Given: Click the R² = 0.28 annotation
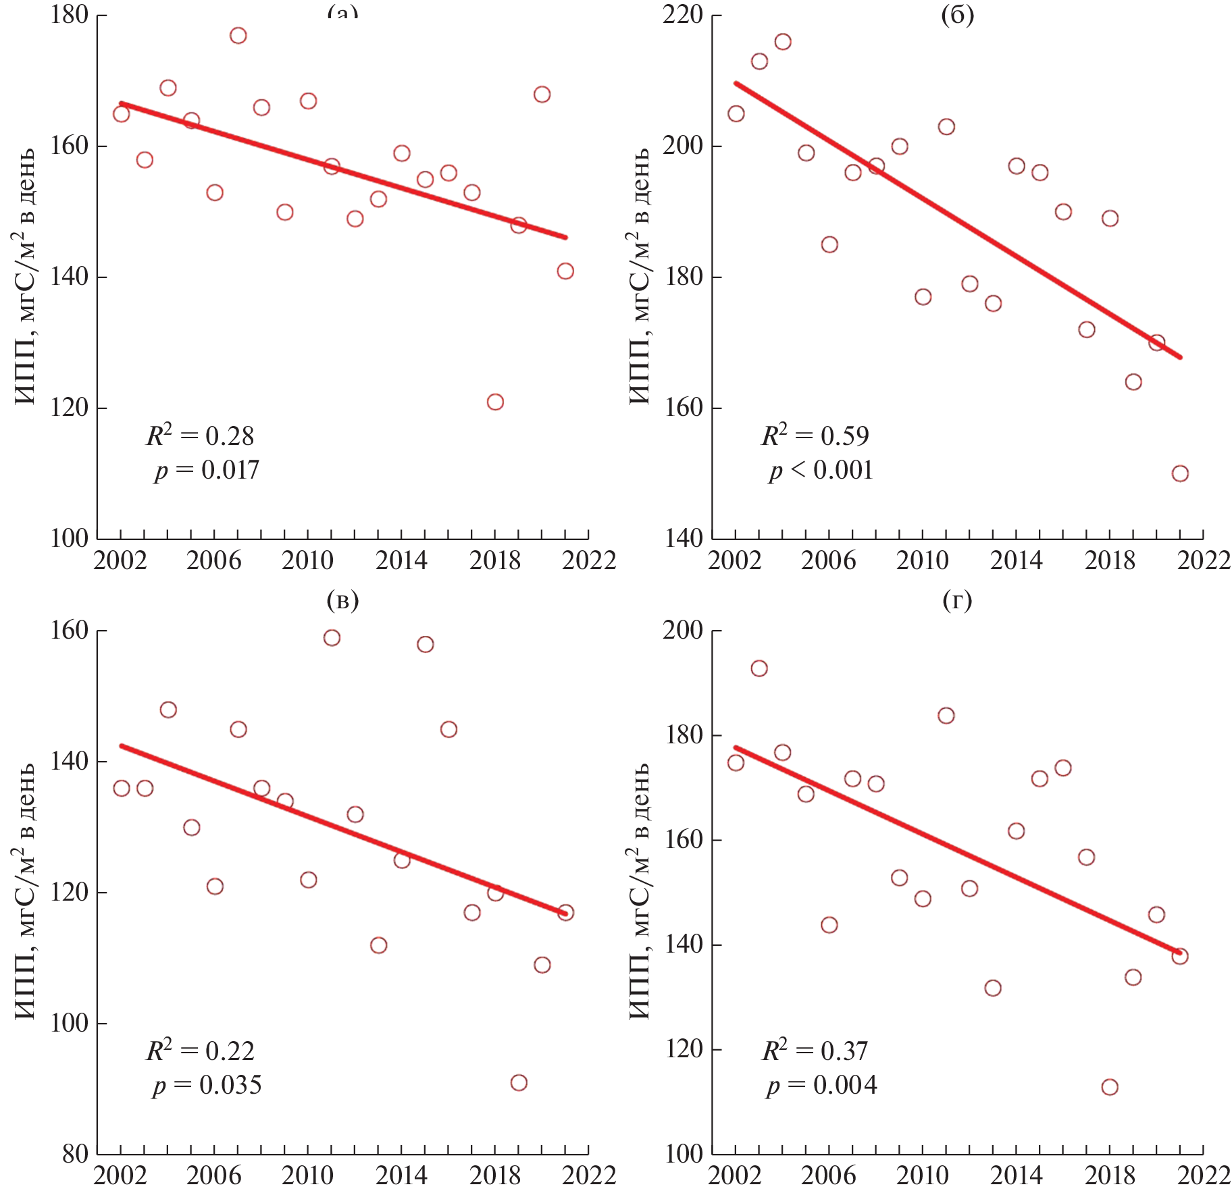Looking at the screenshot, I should coord(200,435).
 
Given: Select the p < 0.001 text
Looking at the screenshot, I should coord(821,470).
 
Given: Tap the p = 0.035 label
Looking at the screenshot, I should coord(207,1085).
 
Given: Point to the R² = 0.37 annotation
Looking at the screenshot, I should coord(815,1051).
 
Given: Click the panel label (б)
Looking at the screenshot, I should coord(957,15).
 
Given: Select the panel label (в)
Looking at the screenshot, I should coord(342,600).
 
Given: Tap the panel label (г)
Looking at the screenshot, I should coord(957,600).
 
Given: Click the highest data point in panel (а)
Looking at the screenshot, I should coord(238,36).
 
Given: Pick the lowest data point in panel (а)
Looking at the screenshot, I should coord(495,402).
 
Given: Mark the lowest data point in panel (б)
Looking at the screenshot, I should coord(1180,474).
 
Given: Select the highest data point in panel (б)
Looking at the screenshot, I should coord(783,42).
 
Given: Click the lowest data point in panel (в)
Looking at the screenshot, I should coord(519,1083).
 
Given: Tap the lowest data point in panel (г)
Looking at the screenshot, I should coord(1110,1087).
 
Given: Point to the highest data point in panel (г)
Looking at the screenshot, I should coord(759,668).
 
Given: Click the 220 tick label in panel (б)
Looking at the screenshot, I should coord(683,15).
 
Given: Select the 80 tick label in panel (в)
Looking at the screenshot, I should coord(75,1154).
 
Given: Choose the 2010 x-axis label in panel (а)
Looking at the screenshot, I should coord(307,560).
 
